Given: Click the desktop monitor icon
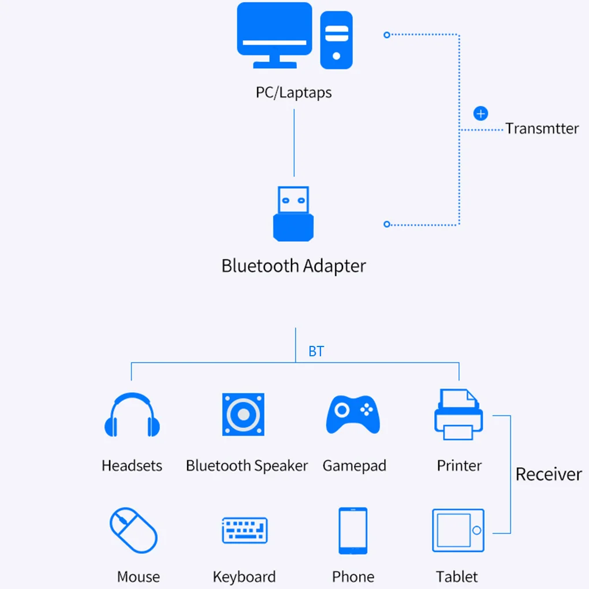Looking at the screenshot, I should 275,35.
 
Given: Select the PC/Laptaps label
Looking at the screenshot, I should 294,92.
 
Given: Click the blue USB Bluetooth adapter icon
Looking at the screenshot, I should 293,214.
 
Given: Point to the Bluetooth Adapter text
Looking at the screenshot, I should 293,266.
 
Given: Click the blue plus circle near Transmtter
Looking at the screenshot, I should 480,114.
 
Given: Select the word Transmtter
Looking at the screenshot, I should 542,129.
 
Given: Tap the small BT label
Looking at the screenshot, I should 316,352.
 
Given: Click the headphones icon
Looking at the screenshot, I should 132,416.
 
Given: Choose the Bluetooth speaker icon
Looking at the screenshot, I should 243,415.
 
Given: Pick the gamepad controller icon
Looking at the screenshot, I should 353,414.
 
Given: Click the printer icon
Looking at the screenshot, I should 458,415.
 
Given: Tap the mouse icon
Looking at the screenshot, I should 134,530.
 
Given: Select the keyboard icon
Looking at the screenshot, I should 245,530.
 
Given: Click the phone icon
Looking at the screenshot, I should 353,530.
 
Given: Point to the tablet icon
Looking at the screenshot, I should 458,530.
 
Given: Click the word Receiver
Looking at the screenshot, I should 549,475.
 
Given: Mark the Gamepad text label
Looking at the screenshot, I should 354,466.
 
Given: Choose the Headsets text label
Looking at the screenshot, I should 132,466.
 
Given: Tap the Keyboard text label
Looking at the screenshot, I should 244,577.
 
